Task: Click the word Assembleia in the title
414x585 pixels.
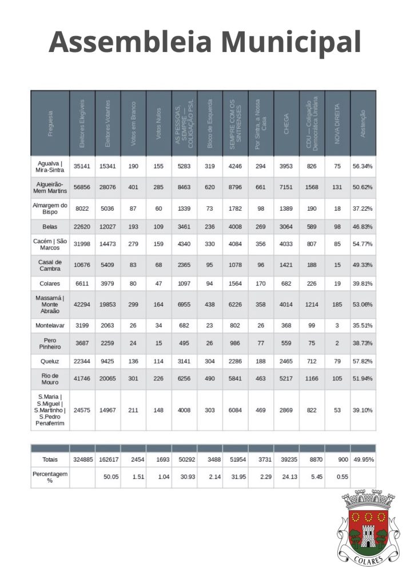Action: [131, 42]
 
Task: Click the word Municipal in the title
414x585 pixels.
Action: [291, 42]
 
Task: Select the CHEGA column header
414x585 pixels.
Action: [286, 123]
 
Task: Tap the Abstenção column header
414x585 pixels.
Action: [363, 123]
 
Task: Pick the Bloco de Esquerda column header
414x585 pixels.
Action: [210, 123]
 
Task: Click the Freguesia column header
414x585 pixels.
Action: [50, 123]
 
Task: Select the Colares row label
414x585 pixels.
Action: [50, 284]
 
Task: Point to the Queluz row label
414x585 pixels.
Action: [50, 361]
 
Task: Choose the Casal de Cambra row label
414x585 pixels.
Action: [50, 265]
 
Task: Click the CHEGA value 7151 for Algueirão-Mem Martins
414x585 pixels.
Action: [286, 187]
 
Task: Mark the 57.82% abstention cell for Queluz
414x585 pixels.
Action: [363, 361]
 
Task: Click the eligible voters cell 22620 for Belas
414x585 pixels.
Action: [82, 227]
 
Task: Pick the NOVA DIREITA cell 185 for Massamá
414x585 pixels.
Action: [337, 304]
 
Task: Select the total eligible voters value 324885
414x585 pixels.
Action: [82, 459]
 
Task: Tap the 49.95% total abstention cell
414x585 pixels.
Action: [363, 459]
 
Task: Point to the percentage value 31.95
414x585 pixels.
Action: [236, 477]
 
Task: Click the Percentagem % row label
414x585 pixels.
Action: [50, 477]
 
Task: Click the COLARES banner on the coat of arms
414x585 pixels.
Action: [366, 561]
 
